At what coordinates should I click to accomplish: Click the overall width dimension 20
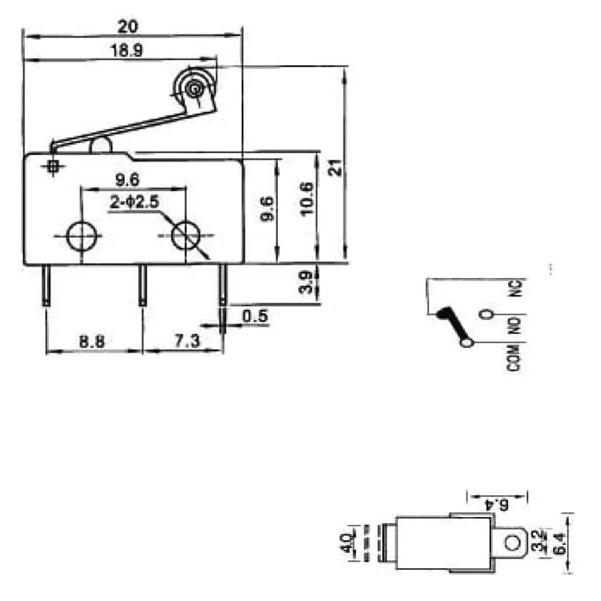point(127,26)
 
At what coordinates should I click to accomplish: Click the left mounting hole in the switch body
point(81,236)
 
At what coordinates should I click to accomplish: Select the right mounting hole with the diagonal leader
point(187,236)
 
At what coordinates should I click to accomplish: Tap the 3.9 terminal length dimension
point(305,282)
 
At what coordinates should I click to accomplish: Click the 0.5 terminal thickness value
point(254,316)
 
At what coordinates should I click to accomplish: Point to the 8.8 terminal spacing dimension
point(91,341)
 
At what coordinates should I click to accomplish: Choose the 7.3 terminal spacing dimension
point(185,341)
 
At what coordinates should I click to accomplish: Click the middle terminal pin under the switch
point(143,284)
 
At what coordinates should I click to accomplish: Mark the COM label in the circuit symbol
point(513,356)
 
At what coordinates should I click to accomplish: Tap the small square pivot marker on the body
point(54,166)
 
